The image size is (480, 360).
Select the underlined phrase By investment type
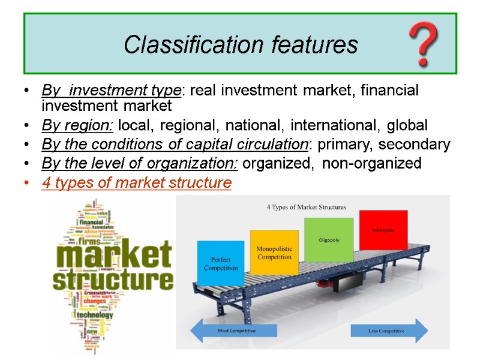[111, 91]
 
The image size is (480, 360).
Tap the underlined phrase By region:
[78, 126]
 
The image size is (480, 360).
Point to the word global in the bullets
[407, 126]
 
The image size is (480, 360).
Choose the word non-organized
[371, 163]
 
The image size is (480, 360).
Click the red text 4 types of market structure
[136, 182]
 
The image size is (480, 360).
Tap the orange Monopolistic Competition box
[274, 253]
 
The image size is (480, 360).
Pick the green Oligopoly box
[329, 239]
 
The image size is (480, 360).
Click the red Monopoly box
[383, 230]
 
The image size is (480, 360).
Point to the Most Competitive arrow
[233, 331]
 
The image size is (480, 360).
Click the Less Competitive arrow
[389, 331]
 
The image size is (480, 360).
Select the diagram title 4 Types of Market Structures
[306, 208]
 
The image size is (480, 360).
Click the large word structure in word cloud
[113, 280]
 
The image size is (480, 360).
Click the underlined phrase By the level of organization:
[141, 163]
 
